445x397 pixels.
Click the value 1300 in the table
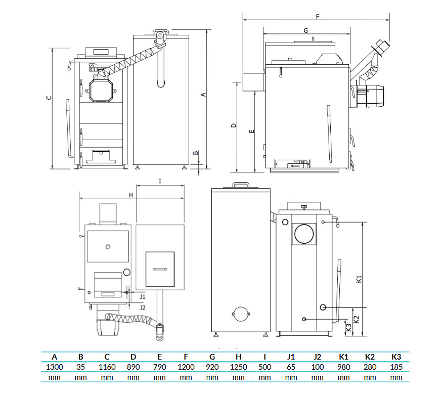[54, 367]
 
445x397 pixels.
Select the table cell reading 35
[80, 367]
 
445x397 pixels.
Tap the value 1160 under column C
[107, 367]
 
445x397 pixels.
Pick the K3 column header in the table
[396, 357]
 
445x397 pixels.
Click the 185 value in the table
[396, 367]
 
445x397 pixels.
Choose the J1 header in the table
[291, 357]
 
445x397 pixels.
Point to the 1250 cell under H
[238, 367]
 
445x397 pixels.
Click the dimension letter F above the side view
[318, 17]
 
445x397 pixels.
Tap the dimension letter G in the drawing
[305, 30]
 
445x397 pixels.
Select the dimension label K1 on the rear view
[359, 279]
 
